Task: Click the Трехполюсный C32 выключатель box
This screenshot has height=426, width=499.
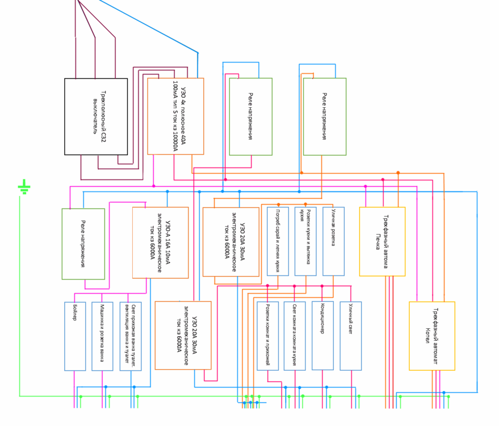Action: pos(96,116)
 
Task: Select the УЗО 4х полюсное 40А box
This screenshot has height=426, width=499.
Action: pos(175,116)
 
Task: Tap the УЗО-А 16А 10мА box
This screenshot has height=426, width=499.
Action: pos(160,243)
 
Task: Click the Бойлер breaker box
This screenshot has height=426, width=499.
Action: pos(75,336)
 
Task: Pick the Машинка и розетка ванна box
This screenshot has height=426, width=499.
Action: pos(102,336)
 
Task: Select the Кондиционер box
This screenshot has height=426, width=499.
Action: pos(322,336)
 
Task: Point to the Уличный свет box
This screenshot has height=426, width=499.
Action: pos(351,336)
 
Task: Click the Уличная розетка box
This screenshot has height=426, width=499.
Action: pos(333,241)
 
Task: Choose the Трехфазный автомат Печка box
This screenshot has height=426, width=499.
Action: pos(382,241)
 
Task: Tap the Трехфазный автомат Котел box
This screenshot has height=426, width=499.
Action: pos(432,336)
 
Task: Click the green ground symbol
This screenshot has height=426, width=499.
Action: pos(24,187)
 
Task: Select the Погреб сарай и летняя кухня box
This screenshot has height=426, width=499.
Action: pos(278,241)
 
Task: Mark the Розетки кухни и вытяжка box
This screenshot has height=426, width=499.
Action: pos(305,241)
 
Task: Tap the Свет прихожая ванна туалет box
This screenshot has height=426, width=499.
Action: pos(131,336)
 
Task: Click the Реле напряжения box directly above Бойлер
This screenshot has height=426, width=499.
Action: pos(83,244)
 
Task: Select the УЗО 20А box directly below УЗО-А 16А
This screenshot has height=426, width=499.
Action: pos(183,335)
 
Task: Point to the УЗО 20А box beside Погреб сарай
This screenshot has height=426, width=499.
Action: pos(231,242)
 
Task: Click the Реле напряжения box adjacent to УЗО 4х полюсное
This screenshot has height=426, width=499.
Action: pos(250,116)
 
